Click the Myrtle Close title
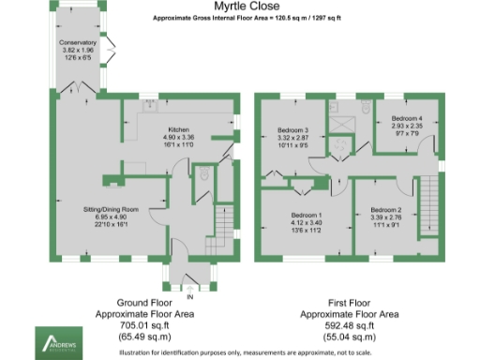tap(239, 7)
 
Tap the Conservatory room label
tap(77, 44)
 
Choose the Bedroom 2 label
tap(385, 210)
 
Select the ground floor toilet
tap(205, 174)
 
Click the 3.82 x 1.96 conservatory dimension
tap(78, 52)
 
